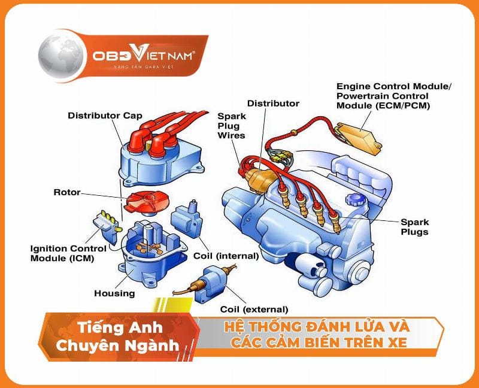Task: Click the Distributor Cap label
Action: click(x=105, y=115)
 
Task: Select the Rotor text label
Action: click(x=66, y=193)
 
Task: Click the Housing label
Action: click(x=114, y=293)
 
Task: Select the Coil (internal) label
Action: click(x=226, y=256)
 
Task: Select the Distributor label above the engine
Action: click(x=273, y=104)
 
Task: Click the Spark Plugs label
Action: click(x=414, y=227)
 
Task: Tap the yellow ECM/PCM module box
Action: click(x=360, y=132)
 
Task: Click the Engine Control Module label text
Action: click(x=393, y=96)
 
